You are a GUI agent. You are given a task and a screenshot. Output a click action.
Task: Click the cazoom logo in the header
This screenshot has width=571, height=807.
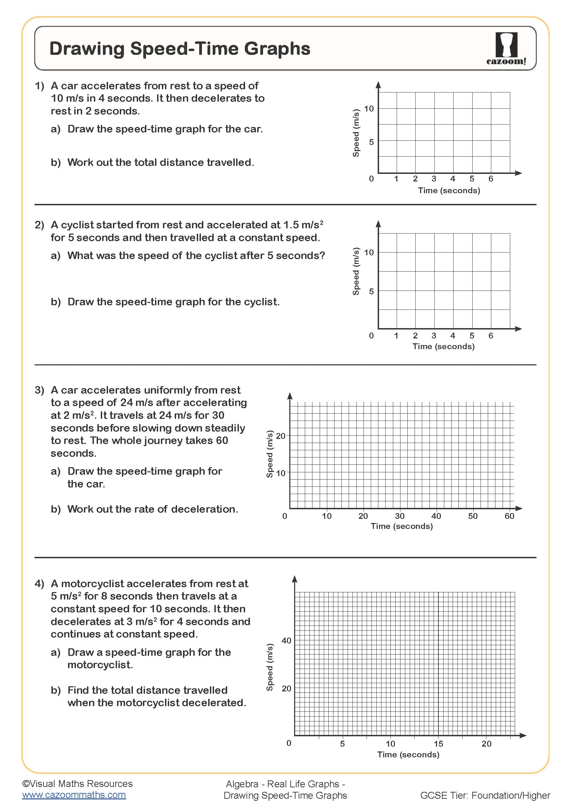506,49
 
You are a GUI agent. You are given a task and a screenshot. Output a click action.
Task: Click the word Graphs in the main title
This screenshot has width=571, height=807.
277,49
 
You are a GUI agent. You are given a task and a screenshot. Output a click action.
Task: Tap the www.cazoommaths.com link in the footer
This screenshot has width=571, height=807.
74,795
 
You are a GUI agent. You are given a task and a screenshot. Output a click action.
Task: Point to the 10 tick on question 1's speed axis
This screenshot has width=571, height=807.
368,109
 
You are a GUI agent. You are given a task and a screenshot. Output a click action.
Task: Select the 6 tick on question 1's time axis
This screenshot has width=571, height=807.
491,179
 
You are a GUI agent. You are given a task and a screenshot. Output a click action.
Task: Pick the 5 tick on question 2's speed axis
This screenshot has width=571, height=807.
371,291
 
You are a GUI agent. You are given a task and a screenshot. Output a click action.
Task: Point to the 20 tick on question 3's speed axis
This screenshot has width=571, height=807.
281,436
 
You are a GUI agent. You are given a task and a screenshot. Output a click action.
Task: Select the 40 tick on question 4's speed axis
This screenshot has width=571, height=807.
286,640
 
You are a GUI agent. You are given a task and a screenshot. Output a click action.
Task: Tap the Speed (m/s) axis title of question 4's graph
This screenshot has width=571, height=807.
270,667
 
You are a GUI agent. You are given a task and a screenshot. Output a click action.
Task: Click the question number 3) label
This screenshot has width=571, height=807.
39,390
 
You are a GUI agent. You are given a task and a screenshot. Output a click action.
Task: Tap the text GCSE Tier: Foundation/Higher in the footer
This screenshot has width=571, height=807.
485,795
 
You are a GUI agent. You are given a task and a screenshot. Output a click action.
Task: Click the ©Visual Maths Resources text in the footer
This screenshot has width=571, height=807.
77,784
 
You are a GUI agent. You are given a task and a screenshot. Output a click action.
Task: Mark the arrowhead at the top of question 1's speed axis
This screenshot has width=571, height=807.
378,85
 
